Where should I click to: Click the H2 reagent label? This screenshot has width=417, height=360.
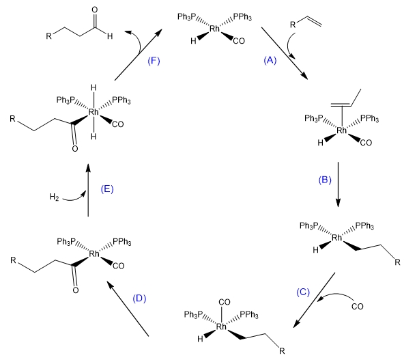click(51, 198)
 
